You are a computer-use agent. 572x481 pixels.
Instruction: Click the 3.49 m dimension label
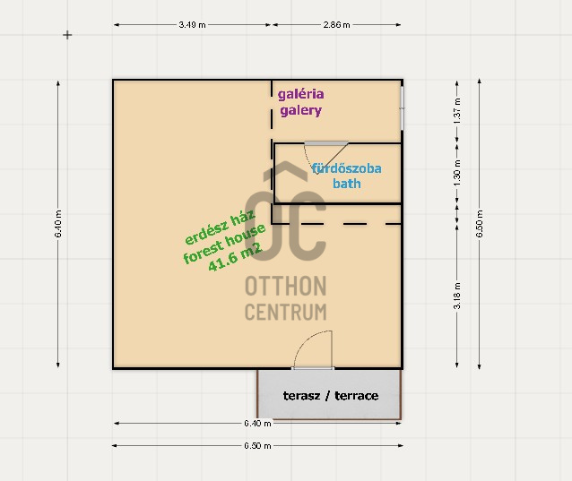point(192,25)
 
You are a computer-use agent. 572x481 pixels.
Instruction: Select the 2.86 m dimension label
point(336,25)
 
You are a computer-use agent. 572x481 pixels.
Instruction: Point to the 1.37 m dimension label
point(457,110)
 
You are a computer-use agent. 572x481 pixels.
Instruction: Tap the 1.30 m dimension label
point(457,173)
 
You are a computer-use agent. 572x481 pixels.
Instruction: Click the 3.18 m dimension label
point(457,296)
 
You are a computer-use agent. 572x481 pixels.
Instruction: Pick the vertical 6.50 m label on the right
point(480,224)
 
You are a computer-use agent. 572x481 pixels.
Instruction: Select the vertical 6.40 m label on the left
point(58,224)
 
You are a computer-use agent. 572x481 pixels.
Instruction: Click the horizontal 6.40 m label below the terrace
point(257,423)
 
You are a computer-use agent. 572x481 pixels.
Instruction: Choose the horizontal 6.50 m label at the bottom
point(257,446)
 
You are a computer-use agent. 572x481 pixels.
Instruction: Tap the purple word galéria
point(301,94)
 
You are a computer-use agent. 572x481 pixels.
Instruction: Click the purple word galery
point(301,110)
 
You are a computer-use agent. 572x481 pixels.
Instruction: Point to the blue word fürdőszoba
point(347,168)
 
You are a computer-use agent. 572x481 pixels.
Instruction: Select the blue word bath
point(347,184)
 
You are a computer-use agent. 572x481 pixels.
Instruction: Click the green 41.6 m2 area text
point(235,258)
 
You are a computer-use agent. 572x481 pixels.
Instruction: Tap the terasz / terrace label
point(331,395)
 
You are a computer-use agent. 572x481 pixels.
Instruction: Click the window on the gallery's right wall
point(403,107)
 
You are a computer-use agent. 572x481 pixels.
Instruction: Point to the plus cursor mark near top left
point(67,35)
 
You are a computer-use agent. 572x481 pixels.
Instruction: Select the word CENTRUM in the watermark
point(286,313)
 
